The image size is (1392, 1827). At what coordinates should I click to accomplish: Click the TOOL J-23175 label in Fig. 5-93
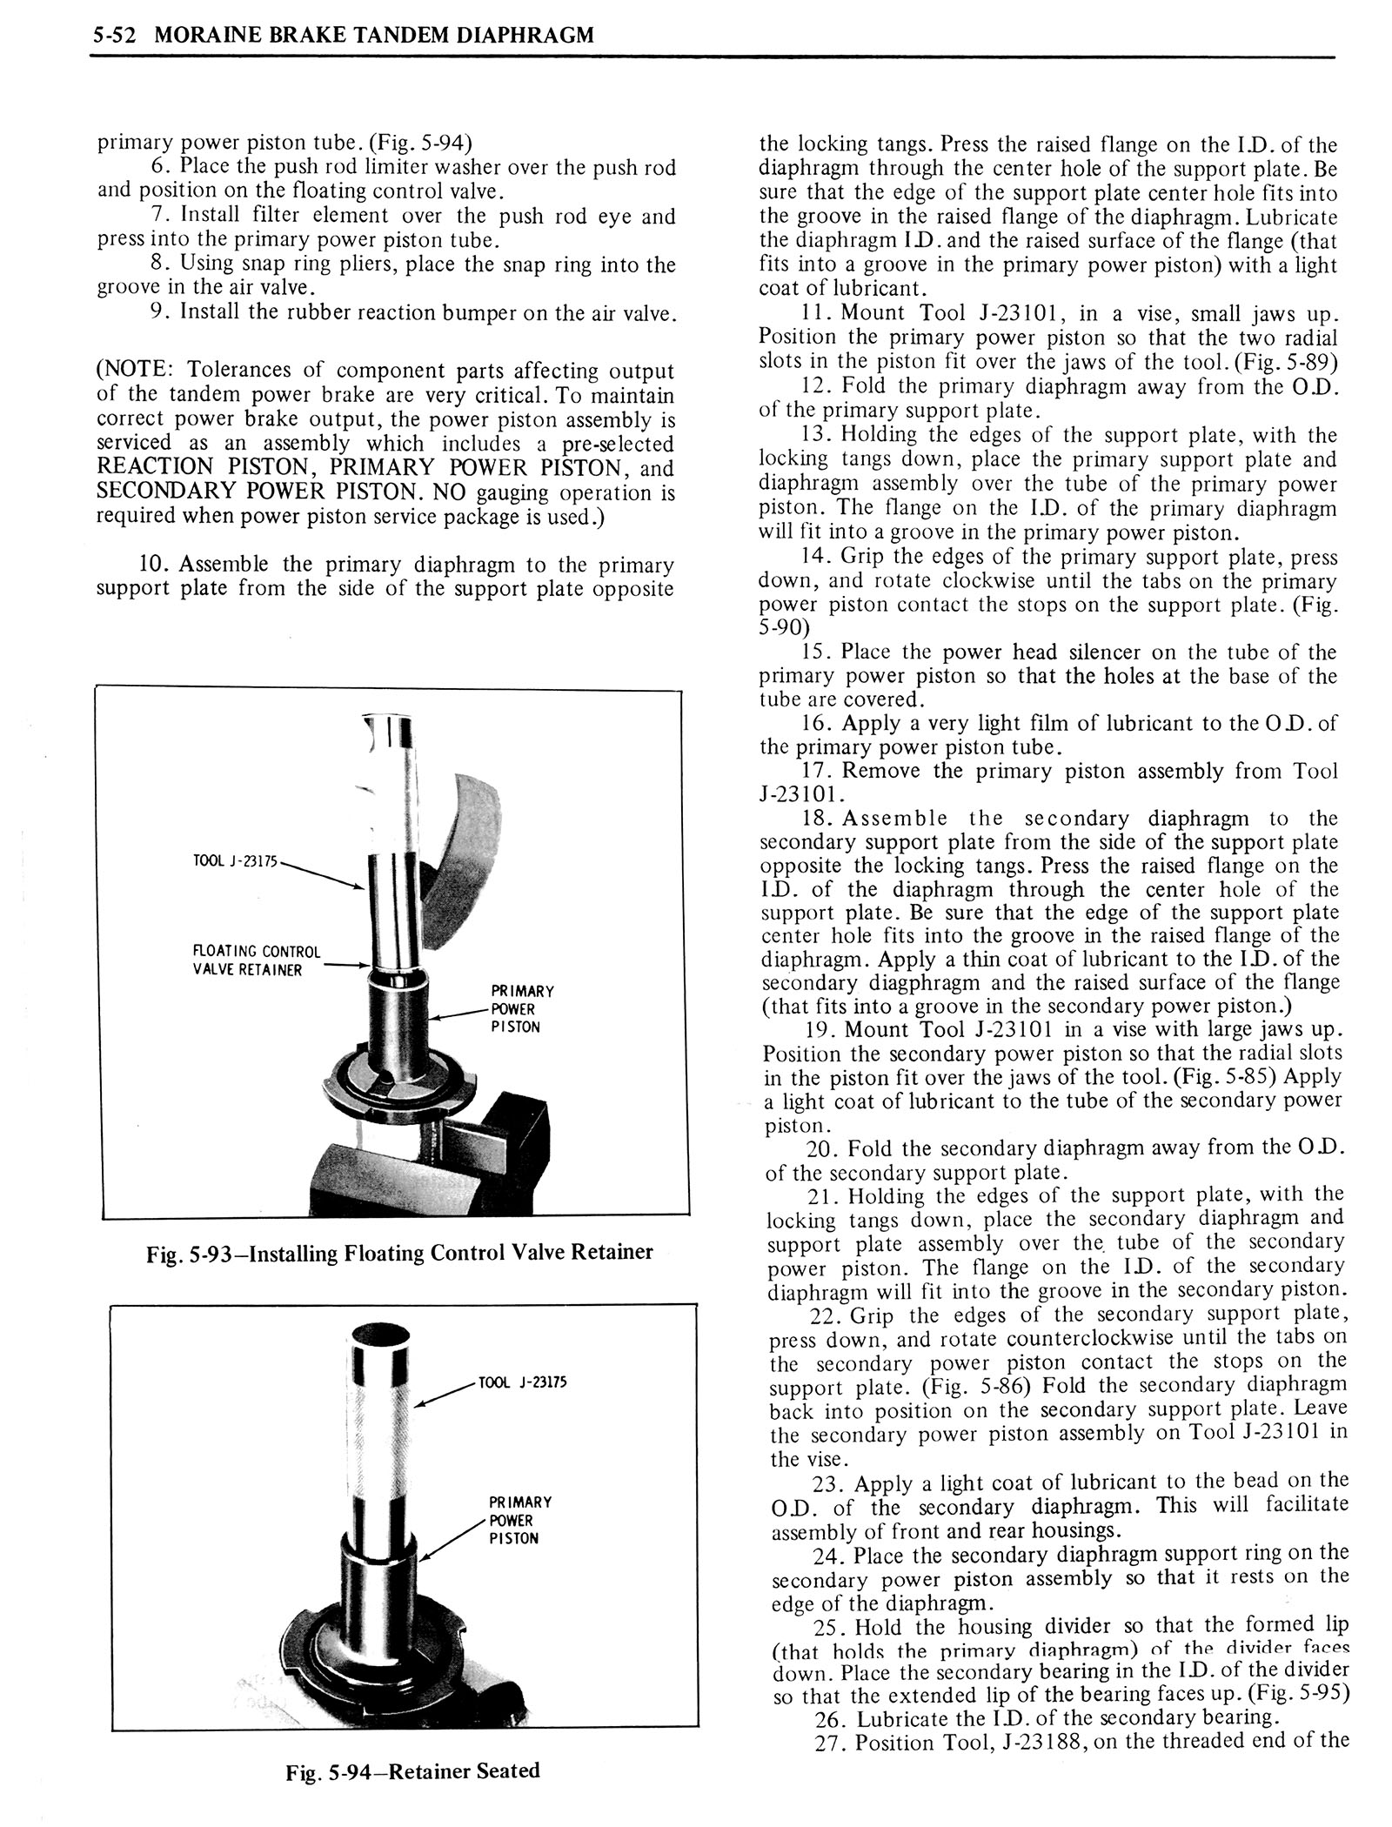(x=234, y=861)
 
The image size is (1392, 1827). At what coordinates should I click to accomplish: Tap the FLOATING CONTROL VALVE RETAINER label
(x=256, y=960)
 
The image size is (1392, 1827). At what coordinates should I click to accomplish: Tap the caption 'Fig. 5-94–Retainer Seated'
(x=412, y=1770)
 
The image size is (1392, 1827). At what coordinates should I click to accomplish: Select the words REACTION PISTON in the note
(x=197, y=468)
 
